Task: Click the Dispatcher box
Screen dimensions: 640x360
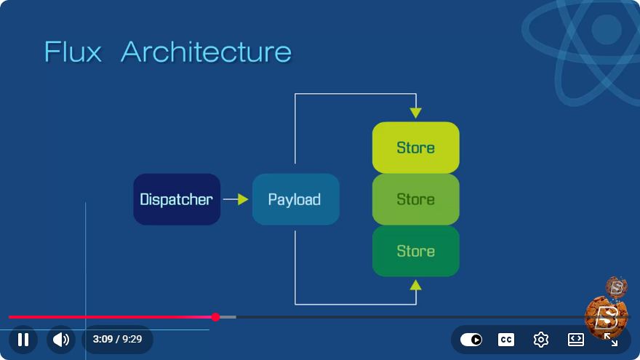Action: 177,199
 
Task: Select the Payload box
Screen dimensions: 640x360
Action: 296,199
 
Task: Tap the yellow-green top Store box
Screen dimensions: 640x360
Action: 415,148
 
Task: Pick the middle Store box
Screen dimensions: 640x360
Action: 415,199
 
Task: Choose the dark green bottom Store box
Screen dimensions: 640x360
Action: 415,251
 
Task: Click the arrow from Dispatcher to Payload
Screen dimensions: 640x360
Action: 236,199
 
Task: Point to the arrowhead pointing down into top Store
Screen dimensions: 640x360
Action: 415,113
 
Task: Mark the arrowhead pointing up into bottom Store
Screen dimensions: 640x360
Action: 415,285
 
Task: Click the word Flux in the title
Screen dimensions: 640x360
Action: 73,52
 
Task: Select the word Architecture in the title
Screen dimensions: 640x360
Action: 206,52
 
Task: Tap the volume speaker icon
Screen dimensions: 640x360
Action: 61,339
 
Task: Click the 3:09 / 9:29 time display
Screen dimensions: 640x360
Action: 117,339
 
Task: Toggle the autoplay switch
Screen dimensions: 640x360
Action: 471,340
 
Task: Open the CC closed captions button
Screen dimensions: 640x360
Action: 506,340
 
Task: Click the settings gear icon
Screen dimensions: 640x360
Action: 541,340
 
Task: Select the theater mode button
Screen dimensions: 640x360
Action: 576,340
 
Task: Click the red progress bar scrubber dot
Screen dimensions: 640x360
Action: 215,317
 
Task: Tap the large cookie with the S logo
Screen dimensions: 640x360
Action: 606,318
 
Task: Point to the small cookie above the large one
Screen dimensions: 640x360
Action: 616,287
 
